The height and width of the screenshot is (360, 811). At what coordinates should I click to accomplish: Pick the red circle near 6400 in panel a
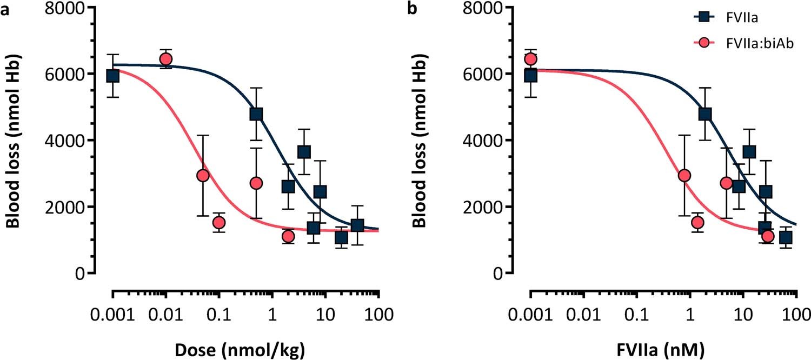coord(166,59)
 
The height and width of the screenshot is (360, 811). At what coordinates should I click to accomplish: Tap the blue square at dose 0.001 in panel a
coord(112,75)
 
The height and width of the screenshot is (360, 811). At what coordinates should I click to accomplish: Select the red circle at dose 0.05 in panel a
coord(203,175)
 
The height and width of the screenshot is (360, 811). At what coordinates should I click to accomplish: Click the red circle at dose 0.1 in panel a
coord(218,222)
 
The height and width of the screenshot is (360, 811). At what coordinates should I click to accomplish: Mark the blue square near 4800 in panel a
coord(256,114)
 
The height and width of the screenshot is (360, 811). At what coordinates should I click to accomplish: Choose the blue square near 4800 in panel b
coord(705,114)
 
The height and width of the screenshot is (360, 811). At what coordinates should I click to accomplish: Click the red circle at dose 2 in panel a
coord(288,236)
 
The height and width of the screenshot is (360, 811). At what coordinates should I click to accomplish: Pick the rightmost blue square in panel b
coord(786,237)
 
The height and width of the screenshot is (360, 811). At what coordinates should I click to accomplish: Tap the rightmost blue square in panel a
coord(357,225)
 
